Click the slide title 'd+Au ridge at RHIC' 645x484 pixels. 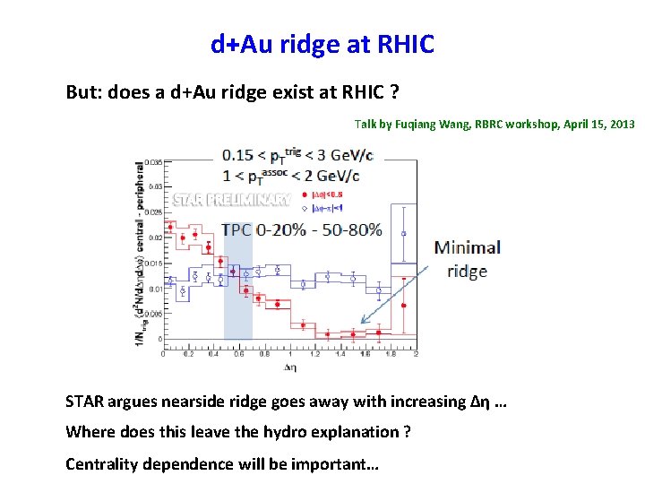322,43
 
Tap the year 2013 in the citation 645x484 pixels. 620,125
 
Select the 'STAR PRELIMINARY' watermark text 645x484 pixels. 230,199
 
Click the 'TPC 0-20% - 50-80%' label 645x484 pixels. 302,229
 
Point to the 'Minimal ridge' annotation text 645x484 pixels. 467,258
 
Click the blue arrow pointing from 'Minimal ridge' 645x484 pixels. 394,292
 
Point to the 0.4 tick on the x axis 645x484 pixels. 213,354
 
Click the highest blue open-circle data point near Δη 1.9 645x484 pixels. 404,234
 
